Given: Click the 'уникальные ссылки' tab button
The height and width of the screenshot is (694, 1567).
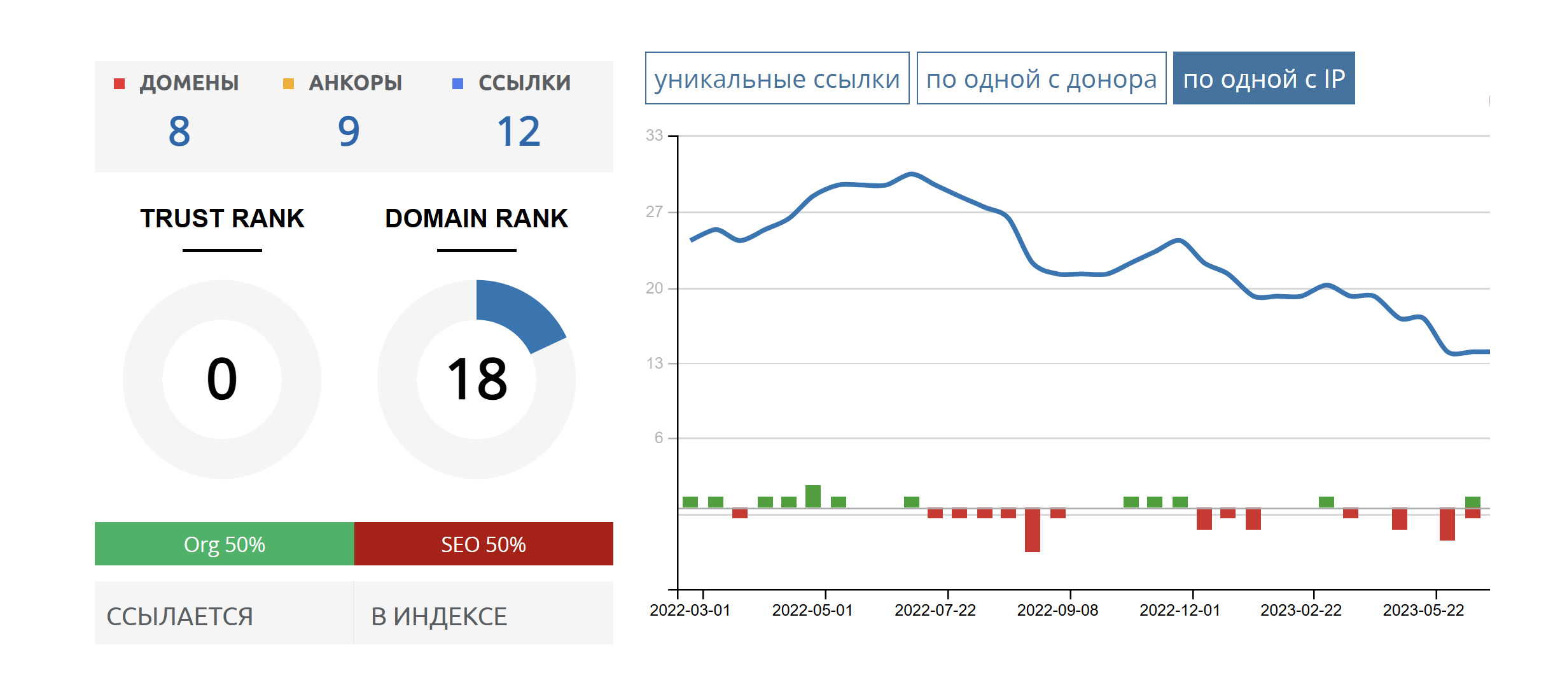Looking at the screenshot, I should (777, 78).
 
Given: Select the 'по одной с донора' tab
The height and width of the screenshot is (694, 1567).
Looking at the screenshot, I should (1041, 78).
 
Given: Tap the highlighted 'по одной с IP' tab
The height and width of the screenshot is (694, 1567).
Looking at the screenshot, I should (1264, 78).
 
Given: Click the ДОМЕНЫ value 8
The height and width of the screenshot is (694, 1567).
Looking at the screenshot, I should (179, 132).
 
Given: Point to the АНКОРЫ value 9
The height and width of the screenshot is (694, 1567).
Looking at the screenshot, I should (349, 132).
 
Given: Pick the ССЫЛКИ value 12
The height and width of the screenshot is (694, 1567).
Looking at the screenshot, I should (519, 132).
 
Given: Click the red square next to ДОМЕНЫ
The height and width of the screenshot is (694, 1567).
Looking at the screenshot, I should (119, 83).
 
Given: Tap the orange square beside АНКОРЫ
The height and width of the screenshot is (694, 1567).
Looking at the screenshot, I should (288, 83).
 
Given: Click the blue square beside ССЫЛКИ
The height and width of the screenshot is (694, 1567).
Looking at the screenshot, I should (457, 83).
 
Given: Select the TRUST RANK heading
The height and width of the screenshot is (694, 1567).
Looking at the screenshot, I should (222, 218).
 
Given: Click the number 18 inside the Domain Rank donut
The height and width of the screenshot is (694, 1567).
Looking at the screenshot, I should (477, 379).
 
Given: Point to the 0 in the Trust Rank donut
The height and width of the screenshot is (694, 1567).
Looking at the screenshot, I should (222, 379).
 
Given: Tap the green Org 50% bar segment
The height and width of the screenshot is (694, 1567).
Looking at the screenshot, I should (224, 544).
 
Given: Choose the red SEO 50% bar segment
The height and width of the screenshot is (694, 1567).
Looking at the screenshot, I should (484, 544).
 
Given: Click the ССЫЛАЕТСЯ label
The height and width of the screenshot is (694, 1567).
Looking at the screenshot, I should (179, 616).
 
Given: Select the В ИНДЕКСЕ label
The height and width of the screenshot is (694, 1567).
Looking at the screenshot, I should (439, 616).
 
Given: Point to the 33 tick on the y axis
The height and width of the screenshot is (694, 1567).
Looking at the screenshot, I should (654, 136).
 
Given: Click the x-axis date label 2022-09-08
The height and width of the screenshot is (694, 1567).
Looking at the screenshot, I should (1057, 610).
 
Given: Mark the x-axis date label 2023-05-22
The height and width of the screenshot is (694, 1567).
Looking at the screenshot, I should (1423, 610).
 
